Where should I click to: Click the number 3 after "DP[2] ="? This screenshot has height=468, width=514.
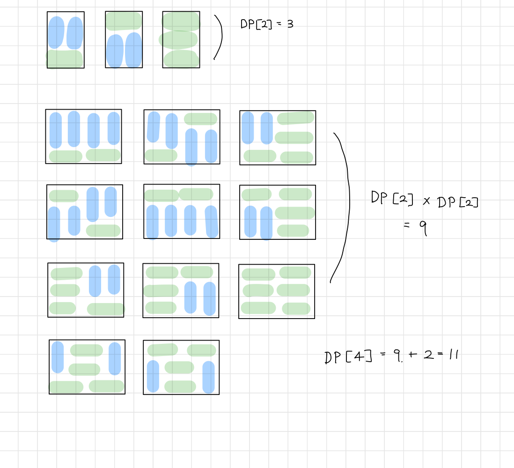(290, 24)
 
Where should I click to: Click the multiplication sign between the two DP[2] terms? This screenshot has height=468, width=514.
(426, 201)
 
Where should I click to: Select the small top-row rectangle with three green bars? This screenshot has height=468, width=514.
(181, 40)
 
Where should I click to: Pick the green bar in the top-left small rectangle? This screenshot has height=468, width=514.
(65, 59)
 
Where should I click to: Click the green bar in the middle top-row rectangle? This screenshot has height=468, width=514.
(124, 21)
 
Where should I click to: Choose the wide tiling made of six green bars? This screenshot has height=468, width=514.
(277, 291)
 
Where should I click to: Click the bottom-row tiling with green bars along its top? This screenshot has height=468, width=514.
(181, 367)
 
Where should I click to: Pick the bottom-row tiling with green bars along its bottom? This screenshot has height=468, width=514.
(87, 367)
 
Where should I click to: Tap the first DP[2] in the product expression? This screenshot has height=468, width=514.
(392, 199)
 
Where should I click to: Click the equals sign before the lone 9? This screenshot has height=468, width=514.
(406, 225)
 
